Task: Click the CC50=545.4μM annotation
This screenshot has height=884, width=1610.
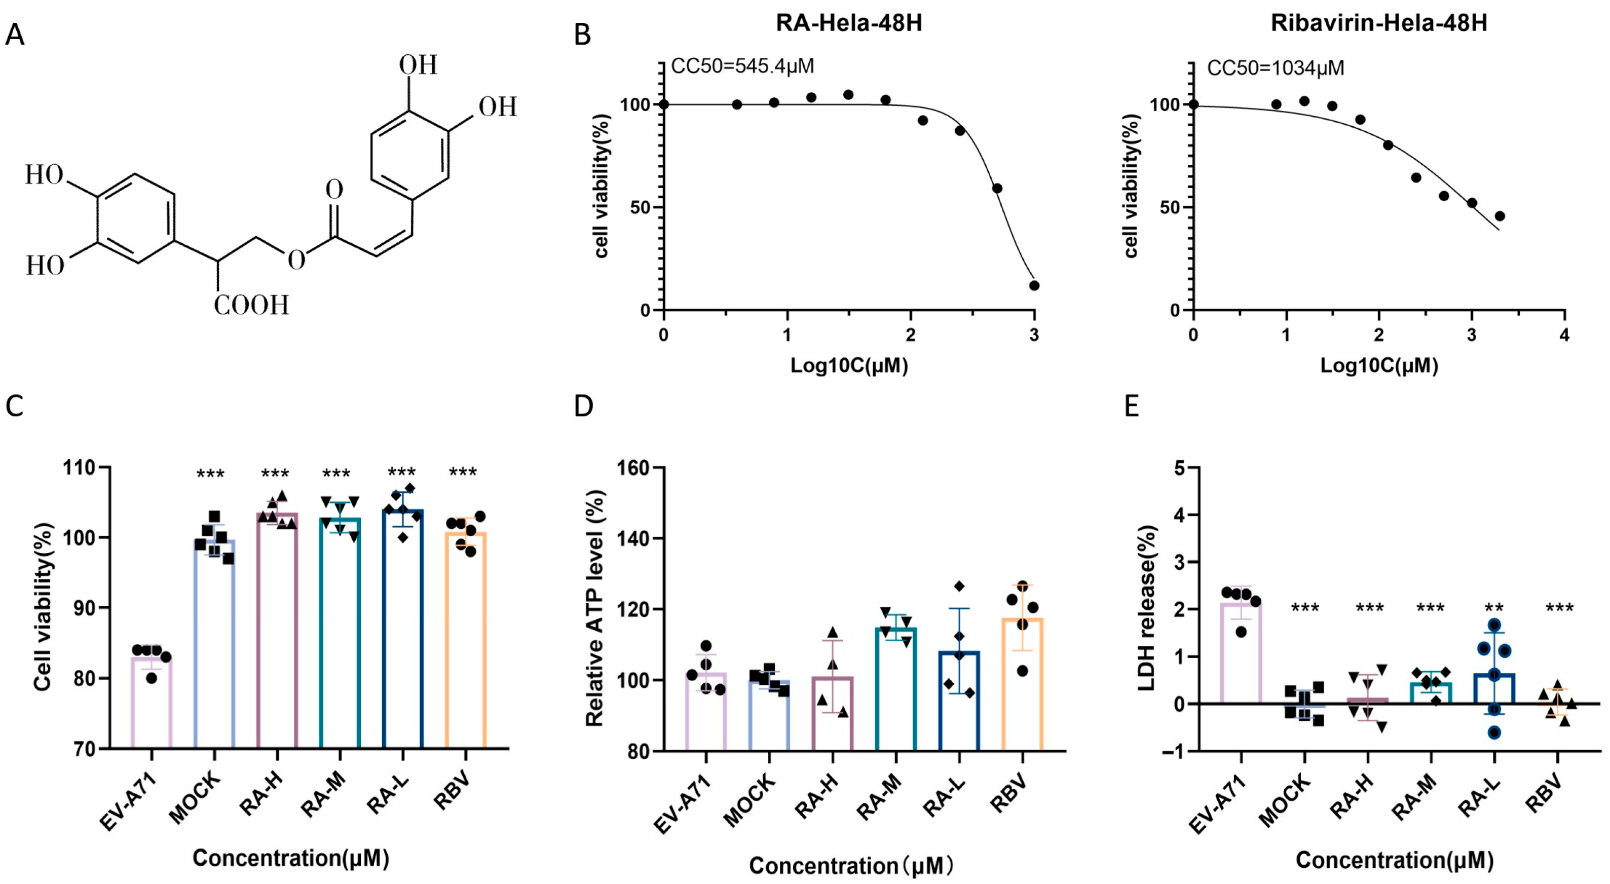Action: coord(742,66)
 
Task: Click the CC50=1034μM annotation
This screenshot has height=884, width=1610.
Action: coord(1275,67)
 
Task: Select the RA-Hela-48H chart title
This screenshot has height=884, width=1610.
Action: coord(849,23)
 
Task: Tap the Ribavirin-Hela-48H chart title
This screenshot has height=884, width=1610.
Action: coord(1379,23)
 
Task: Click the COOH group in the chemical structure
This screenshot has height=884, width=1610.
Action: coord(251,306)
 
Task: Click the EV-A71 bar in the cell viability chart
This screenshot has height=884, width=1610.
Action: coord(151,700)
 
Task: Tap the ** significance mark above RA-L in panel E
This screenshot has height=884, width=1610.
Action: coord(1494,608)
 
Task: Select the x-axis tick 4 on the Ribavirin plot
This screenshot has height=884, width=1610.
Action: coord(1564,335)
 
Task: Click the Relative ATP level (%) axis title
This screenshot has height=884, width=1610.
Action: coord(594,608)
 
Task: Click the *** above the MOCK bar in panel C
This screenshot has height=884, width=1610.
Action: coord(211,474)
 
